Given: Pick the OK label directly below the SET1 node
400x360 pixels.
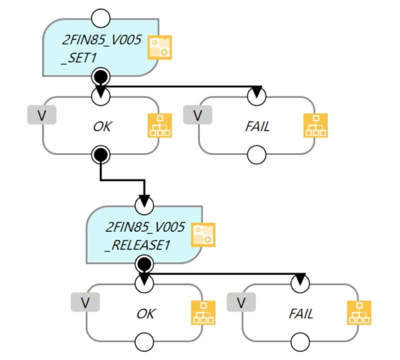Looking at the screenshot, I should (102, 126).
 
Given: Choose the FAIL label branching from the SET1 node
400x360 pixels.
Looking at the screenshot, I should (257, 126).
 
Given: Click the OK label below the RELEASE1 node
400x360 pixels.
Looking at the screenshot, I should (145, 313).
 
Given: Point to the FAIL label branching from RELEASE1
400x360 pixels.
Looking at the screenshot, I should (301, 313).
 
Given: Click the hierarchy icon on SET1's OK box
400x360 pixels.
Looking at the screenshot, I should (159, 125).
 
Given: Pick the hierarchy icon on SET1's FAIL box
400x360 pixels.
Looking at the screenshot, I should (316, 125).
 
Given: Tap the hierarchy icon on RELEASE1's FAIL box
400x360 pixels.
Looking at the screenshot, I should (359, 313).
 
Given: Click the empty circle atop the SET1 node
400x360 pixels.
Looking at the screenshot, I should (101, 18).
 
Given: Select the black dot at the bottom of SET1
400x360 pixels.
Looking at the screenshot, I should (101, 76).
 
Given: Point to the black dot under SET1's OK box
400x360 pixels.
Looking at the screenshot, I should (101, 155).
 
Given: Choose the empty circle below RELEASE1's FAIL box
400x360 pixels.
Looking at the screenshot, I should (300, 343).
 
